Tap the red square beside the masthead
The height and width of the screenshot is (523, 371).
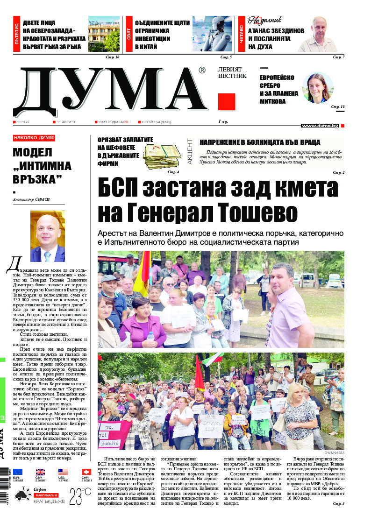[227, 101]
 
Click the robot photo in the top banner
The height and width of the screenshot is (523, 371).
[212, 34]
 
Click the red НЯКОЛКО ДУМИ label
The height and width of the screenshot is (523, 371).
[34, 138]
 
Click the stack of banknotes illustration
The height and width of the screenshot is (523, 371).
[161, 155]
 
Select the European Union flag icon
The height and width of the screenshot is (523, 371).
[18, 472]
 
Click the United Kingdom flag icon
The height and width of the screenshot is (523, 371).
[41, 472]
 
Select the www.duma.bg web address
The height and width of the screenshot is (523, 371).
[320, 126]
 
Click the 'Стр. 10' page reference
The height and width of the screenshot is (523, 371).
[114, 57]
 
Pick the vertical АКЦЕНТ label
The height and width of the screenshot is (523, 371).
[190, 150]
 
